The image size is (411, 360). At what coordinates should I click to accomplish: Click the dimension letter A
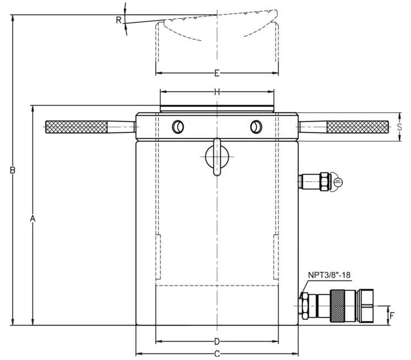32,219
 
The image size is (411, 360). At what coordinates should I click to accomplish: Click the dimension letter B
12,170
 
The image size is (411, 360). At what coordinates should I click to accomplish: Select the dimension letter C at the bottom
217,353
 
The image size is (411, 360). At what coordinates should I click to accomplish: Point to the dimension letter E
217,73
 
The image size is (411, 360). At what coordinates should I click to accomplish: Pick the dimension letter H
217,92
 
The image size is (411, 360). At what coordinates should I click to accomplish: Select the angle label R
118,20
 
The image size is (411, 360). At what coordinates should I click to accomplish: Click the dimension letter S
400,127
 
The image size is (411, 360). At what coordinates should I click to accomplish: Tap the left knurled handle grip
76,127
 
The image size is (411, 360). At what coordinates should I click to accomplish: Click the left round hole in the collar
177,127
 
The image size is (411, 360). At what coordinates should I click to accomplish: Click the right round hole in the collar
255,127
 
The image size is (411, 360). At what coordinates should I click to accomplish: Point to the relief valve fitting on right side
318,181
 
